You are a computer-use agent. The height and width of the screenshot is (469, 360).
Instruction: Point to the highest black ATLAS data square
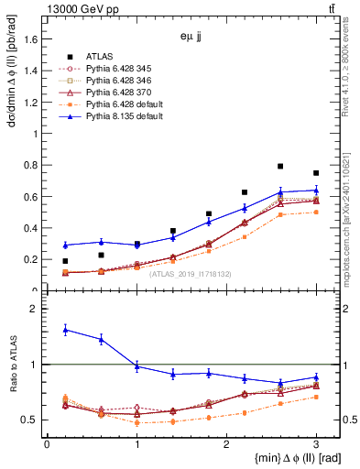(280, 167)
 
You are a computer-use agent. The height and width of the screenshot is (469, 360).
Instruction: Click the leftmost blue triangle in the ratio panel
(65, 330)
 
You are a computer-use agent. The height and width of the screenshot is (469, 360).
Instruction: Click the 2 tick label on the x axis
(226, 443)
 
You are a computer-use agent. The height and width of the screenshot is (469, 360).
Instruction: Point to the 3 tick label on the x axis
(316, 443)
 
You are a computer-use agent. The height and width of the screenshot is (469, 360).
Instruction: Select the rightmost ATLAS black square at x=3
(316, 173)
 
